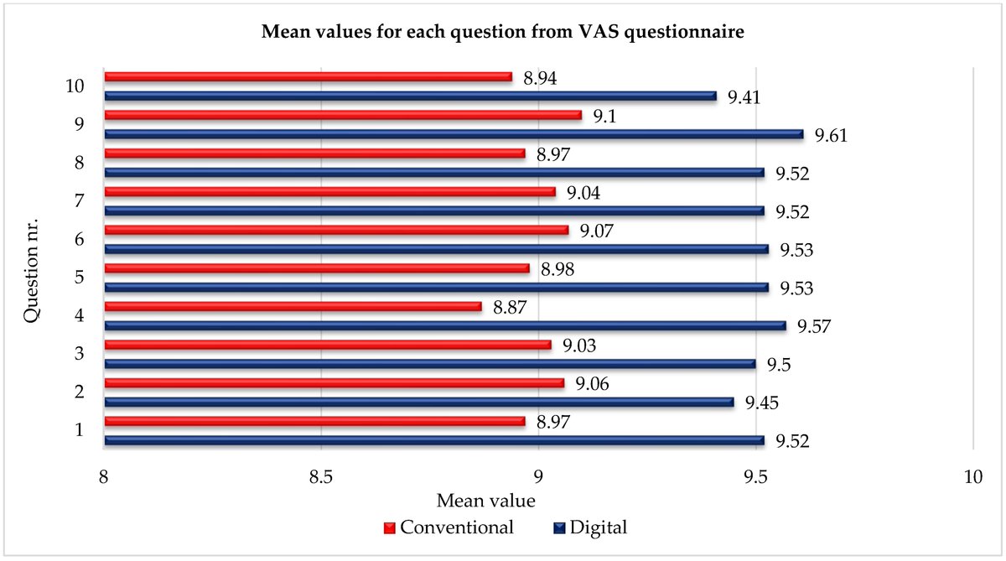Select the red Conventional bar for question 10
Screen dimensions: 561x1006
click(x=308, y=77)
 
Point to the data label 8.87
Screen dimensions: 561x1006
click(x=511, y=308)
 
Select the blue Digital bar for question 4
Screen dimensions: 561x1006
click(x=444, y=326)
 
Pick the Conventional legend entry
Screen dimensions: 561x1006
click(x=449, y=527)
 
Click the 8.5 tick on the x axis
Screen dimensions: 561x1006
click(x=321, y=476)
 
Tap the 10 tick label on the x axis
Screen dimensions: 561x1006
click(x=972, y=476)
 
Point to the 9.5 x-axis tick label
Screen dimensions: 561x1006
click(x=755, y=476)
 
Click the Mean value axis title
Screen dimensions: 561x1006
click(x=486, y=501)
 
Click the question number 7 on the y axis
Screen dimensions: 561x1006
click(x=79, y=201)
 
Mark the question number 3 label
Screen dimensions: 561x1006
click(x=79, y=355)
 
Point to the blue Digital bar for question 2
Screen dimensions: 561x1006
click(x=419, y=403)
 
